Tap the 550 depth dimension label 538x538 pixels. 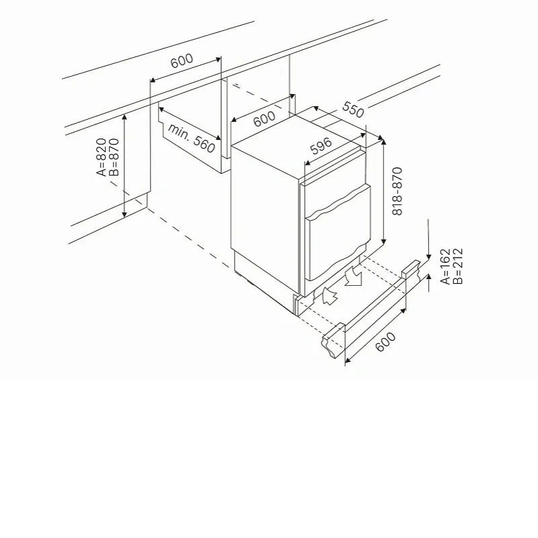(x=352, y=110)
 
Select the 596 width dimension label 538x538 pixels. (x=321, y=146)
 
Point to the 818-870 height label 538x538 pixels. (x=397, y=191)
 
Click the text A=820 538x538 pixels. (x=102, y=157)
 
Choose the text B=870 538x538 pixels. (x=114, y=157)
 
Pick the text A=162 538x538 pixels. (x=445, y=266)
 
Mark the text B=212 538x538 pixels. (x=458, y=266)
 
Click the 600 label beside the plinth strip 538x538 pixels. (x=385, y=342)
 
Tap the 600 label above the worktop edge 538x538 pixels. (x=182, y=61)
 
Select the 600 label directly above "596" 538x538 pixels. (x=264, y=119)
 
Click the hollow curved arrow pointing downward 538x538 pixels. (x=354, y=276)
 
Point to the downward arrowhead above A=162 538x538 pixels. (x=428, y=256)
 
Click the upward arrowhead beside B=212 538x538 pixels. (x=428, y=277)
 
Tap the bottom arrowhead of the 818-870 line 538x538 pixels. (x=383, y=241)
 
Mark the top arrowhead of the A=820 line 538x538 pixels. (x=124, y=117)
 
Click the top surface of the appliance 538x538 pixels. (x=297, y=146)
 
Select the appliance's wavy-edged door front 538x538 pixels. (x=338, y=233)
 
